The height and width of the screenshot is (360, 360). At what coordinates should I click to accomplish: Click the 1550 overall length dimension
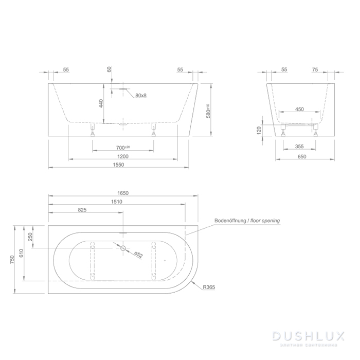(119, 165)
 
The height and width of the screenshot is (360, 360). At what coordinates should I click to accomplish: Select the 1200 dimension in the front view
(122, 156)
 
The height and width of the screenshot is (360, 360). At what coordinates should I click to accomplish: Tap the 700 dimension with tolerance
(122, 147)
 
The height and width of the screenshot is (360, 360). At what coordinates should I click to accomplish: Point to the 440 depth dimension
(101, 103)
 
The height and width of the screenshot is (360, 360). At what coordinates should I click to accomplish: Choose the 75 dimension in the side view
(315, 69)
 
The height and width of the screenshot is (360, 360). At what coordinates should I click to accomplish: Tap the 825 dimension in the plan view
(82, 210)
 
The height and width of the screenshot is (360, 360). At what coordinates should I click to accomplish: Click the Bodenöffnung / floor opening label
(247, 221)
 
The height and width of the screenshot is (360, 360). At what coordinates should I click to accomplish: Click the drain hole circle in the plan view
(123, 248)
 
